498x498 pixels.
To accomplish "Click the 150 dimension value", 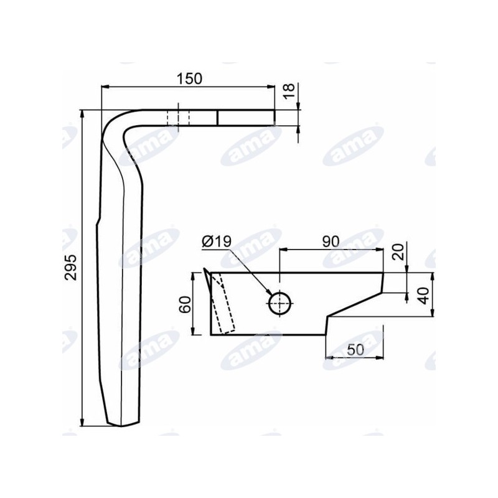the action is (189, 79).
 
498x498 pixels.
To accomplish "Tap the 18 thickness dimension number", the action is (289, 92).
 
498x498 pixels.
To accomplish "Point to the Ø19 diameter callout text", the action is (217, 242).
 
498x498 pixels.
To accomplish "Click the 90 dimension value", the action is (331, 242).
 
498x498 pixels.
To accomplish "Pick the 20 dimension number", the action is (398, 252).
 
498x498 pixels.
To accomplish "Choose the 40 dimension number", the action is (425, 296).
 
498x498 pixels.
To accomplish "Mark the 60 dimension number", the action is (185, 304).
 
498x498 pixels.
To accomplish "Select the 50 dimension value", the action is (355, 350).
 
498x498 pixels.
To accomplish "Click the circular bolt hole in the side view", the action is (280, 303).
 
